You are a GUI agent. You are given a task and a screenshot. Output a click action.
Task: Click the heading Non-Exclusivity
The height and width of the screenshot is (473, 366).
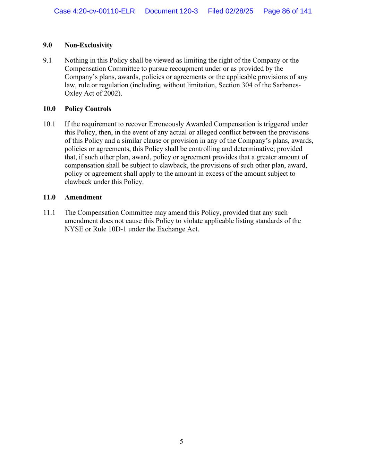(x=88, y=45)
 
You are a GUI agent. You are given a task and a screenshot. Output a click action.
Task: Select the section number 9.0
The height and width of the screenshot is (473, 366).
(x=48, y=45)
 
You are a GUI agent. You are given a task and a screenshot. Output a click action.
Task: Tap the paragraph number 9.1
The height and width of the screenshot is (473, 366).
(x=47, y=61)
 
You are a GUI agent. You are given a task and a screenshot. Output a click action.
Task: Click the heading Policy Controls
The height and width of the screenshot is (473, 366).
(x=88, y=109)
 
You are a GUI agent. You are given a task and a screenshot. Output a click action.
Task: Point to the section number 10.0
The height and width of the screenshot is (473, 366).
(x=49, y=109)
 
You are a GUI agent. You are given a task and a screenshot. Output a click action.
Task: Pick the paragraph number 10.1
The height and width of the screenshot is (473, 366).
(x=49, y=124)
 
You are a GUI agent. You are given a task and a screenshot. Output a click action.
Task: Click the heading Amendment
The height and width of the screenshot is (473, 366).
(x=83, y=198)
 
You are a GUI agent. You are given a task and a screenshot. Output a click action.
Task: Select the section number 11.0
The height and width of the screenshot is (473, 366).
(x=49, y=198)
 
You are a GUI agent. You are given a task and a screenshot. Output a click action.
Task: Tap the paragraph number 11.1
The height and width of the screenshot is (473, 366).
(x=49, y=213)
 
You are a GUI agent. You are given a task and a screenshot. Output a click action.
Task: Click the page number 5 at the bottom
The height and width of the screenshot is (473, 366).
(x=181, y=442)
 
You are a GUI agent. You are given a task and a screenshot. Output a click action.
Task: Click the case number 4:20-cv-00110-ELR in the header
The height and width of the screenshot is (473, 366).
(x=94, y=11)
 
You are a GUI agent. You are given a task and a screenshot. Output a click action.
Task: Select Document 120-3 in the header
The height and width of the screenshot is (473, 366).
(x=171, y=11)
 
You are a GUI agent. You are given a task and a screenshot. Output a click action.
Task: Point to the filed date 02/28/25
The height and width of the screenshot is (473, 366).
(x=239, y=11)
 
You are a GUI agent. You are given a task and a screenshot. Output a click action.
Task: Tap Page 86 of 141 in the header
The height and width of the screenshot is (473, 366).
(x=287, y=11)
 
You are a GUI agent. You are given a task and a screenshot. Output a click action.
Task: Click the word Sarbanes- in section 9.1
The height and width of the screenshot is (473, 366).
(x=287, y=86)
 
